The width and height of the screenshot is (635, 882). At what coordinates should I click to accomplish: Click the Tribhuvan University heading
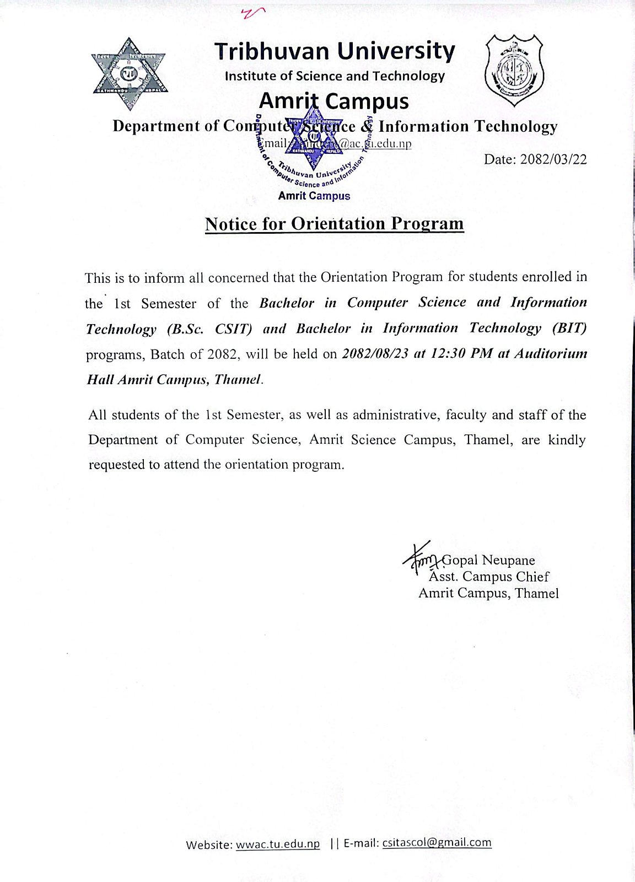335,51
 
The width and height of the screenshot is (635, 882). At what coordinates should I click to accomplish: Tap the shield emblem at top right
513,70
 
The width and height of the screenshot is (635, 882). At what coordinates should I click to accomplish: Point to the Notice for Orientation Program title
334,224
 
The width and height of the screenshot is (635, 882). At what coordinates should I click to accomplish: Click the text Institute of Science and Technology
334,76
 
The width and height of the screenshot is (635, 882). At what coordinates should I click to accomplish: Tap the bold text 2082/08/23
375,354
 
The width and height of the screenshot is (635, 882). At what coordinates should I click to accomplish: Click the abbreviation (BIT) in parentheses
569,328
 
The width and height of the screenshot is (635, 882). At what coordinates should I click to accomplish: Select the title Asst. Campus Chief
489,577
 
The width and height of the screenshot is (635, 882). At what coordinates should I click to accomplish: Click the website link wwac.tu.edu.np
278,845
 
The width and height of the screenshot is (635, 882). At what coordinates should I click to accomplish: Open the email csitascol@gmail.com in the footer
437,842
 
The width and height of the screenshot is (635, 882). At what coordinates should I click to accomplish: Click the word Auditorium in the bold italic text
551,354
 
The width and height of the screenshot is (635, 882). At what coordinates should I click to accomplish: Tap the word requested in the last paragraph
116,465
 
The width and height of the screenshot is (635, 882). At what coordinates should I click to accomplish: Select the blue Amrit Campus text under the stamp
314,196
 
